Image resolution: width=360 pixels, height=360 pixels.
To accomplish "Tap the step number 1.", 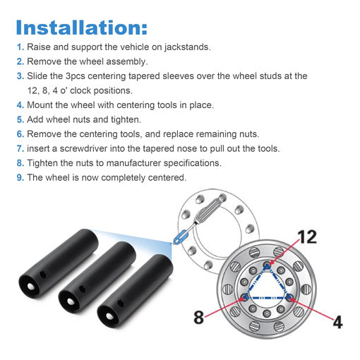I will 20,47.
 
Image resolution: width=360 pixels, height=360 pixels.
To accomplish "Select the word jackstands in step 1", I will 185,47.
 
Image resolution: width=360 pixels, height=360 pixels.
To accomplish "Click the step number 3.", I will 20,76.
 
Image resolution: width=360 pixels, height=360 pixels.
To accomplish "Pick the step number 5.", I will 20,119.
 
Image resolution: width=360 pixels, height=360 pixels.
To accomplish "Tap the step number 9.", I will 20,177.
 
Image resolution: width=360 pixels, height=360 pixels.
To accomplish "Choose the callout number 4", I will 337,321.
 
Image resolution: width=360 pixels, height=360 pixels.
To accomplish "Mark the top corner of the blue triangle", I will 268,266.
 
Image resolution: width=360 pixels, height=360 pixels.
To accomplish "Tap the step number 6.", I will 20,134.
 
